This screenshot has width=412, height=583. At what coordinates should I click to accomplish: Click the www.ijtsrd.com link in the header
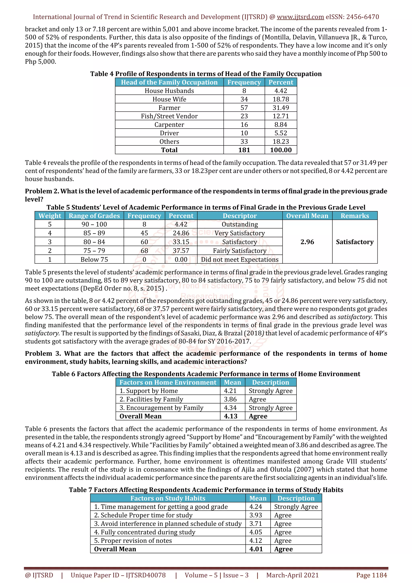(x=300, y=17)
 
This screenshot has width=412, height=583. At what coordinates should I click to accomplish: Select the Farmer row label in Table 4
(x=169, y=108)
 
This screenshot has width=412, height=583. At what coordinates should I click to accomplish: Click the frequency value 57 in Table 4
(x=244, y=108)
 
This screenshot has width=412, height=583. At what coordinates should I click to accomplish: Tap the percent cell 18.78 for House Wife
(x=281, y=99)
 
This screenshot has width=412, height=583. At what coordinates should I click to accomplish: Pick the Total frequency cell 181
(x=244, y=150)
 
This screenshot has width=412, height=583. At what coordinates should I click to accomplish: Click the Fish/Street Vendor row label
(x=169, y=116)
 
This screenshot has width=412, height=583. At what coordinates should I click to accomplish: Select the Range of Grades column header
(x=94, y=216)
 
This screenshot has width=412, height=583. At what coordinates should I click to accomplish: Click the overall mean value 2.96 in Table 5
(x=307, y=242)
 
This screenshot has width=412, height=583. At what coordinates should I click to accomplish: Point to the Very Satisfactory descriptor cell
(x=240, y=233)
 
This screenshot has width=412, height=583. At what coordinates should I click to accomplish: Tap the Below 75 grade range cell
(x=94, y=260)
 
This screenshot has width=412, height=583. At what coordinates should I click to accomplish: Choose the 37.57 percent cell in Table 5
(x=181, y=251)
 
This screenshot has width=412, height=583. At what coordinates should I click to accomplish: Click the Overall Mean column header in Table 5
(x=307, y=216)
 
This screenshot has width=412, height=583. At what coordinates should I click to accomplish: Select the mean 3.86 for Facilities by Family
(x=230, y=399)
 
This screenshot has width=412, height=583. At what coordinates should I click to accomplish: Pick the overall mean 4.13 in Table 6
(x=231, y=416)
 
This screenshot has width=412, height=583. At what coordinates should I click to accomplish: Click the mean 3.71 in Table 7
(x=256, y=524)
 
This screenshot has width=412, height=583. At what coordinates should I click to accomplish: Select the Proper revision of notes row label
(x=133, y=541)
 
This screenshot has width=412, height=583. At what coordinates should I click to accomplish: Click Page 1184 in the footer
(x=371, y=575)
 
